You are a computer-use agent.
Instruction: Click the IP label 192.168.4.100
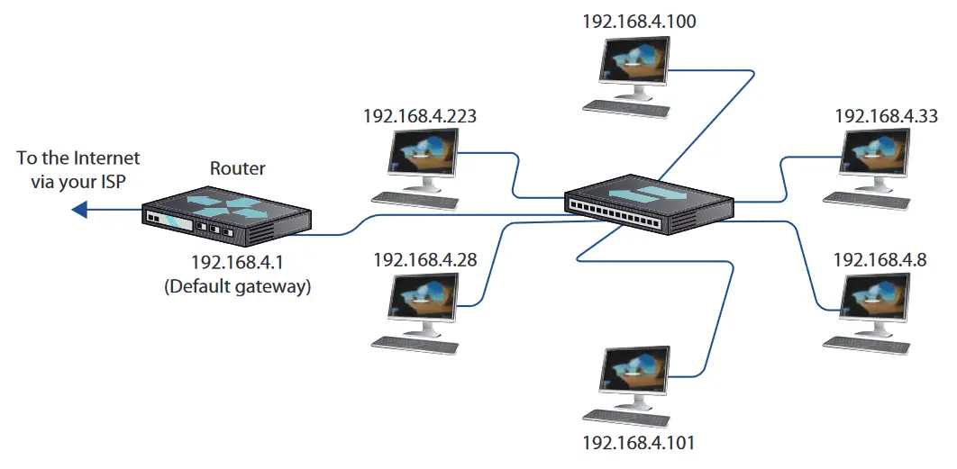pos(639,22)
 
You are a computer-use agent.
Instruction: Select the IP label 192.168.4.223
pos(420,116)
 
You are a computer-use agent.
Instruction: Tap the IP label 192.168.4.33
pos(886,116)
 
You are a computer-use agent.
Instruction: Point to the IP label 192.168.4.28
pos(424,259)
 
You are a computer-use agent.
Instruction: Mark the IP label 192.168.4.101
pos(638,442)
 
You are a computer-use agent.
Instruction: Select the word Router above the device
pos(238,167)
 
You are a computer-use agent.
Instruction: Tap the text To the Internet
pos(78,158)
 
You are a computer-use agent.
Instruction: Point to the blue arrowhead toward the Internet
pos(79,210)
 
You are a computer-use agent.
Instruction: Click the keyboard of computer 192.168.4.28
pos(415,343)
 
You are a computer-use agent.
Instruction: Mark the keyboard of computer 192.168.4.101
pos(626,416)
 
